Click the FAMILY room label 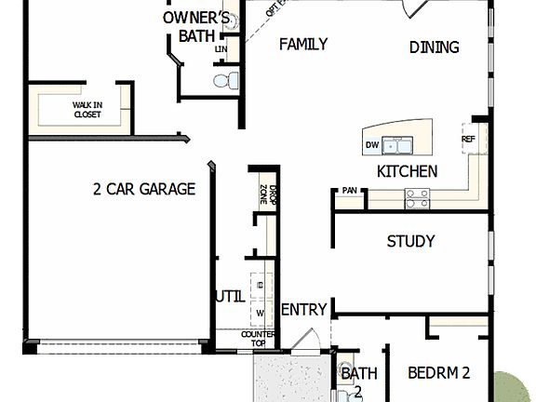[x=303, y=44]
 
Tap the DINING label [x=434, y=47]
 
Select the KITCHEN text [x=407, y=171]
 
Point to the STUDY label [x=410, y=241]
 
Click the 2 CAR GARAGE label [x=143, y=189]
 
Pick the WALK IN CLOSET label [x=87, y=110]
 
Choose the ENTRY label [x=302, y=310]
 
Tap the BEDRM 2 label [x=438, y=373]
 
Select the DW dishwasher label [x=372, y=145]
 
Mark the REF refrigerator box [x=467, y=140]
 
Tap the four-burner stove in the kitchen [x=417, y=196]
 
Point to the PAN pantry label [x=349, y=191]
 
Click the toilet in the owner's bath [x=221, y=81]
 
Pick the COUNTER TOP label [x=258, y=338]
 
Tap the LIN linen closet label [x=221, y=48]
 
